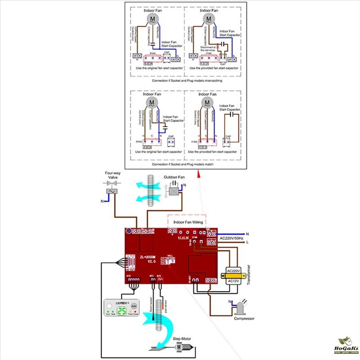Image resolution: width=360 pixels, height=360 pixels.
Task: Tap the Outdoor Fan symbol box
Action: [172, 191]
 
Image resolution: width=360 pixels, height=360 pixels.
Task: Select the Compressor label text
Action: [244, 318]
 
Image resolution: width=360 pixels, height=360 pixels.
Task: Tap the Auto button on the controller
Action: [140, 306]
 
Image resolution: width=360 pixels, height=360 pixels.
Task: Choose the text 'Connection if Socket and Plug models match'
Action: [182, 165]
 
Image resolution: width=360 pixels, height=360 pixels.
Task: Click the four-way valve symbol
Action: [111, 191]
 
